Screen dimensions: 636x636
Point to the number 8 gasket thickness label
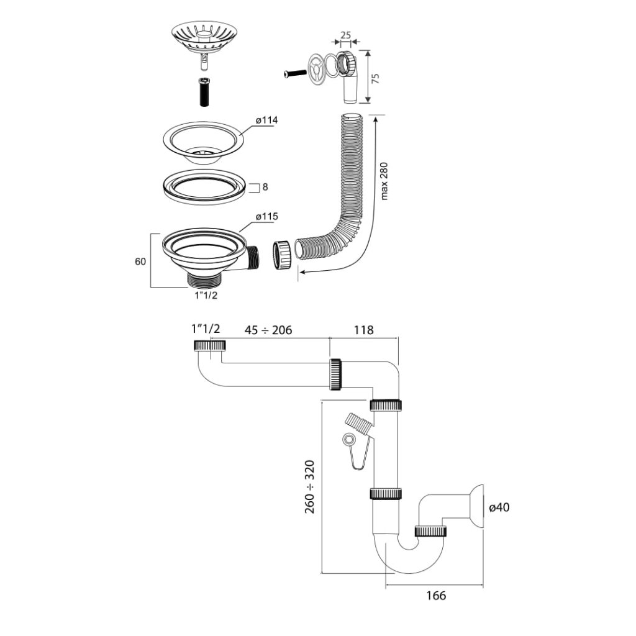265,186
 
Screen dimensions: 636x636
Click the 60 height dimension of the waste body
140,261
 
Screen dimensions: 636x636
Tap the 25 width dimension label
345,35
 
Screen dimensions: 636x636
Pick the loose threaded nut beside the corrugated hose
283,255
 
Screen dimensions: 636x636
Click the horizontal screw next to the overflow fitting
295,73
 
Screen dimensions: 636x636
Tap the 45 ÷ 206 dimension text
268,330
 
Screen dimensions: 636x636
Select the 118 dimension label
363,330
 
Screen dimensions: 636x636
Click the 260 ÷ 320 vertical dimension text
309,486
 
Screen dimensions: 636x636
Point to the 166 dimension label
435,596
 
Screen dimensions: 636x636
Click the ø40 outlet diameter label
499,507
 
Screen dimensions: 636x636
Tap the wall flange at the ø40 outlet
478,506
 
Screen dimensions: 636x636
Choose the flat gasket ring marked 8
204,186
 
